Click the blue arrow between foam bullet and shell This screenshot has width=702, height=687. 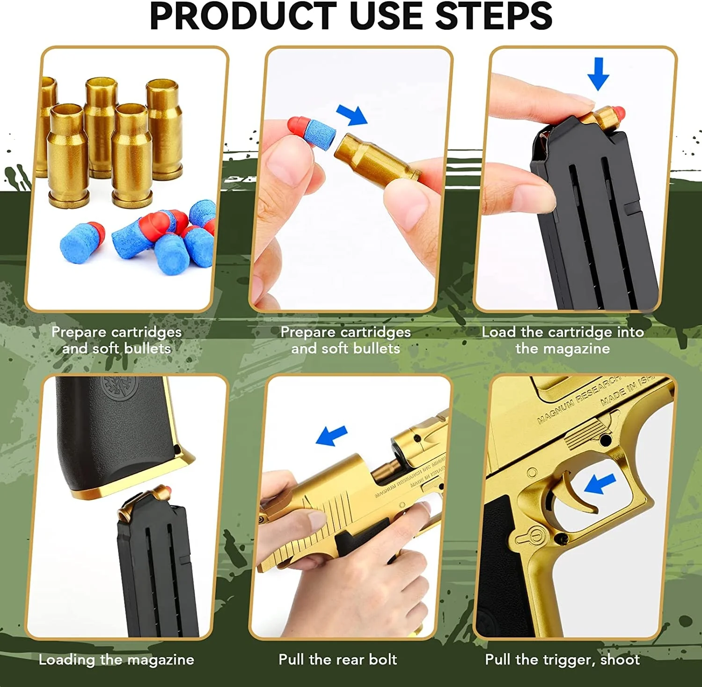pyautogui.click(x=352, y=115)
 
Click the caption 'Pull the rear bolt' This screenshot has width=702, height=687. pyautogui.click(x=337, y=659)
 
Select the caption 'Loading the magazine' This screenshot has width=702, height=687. pyautogui.click(x=116, y=659)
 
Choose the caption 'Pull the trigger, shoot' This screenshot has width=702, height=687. pyautogui.click(x=562, y=659)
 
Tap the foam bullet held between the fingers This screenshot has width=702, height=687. pyautogui.click(x=313, y=132)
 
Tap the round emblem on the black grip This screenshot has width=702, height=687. pyautogui.click(x=120, y=388)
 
